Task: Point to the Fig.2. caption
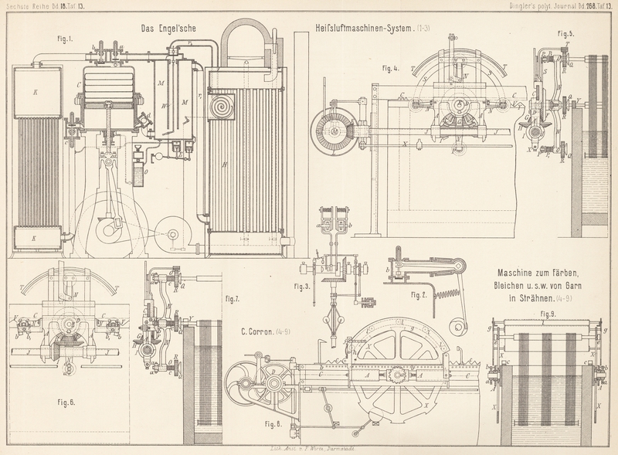click(x=419, y=295)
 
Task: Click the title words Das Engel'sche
click(x=169, y=29)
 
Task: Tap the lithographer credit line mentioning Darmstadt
click(x=310, y=448)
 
